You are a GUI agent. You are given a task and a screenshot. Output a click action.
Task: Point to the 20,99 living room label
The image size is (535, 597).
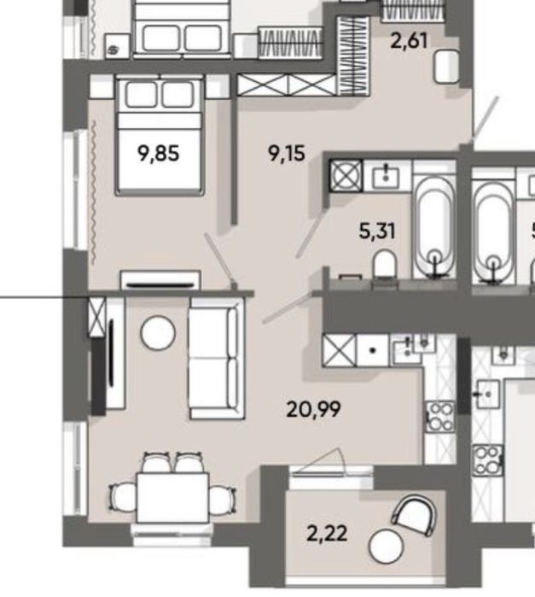(314, 409)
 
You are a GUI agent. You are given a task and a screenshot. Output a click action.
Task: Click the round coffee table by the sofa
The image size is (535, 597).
(158, 333)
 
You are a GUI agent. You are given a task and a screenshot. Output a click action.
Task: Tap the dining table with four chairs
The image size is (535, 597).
(174, 494)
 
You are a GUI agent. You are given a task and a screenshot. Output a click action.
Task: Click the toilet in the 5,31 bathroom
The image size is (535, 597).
(384, 266)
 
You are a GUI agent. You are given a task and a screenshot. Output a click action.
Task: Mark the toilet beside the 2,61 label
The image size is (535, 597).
(445, 67)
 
